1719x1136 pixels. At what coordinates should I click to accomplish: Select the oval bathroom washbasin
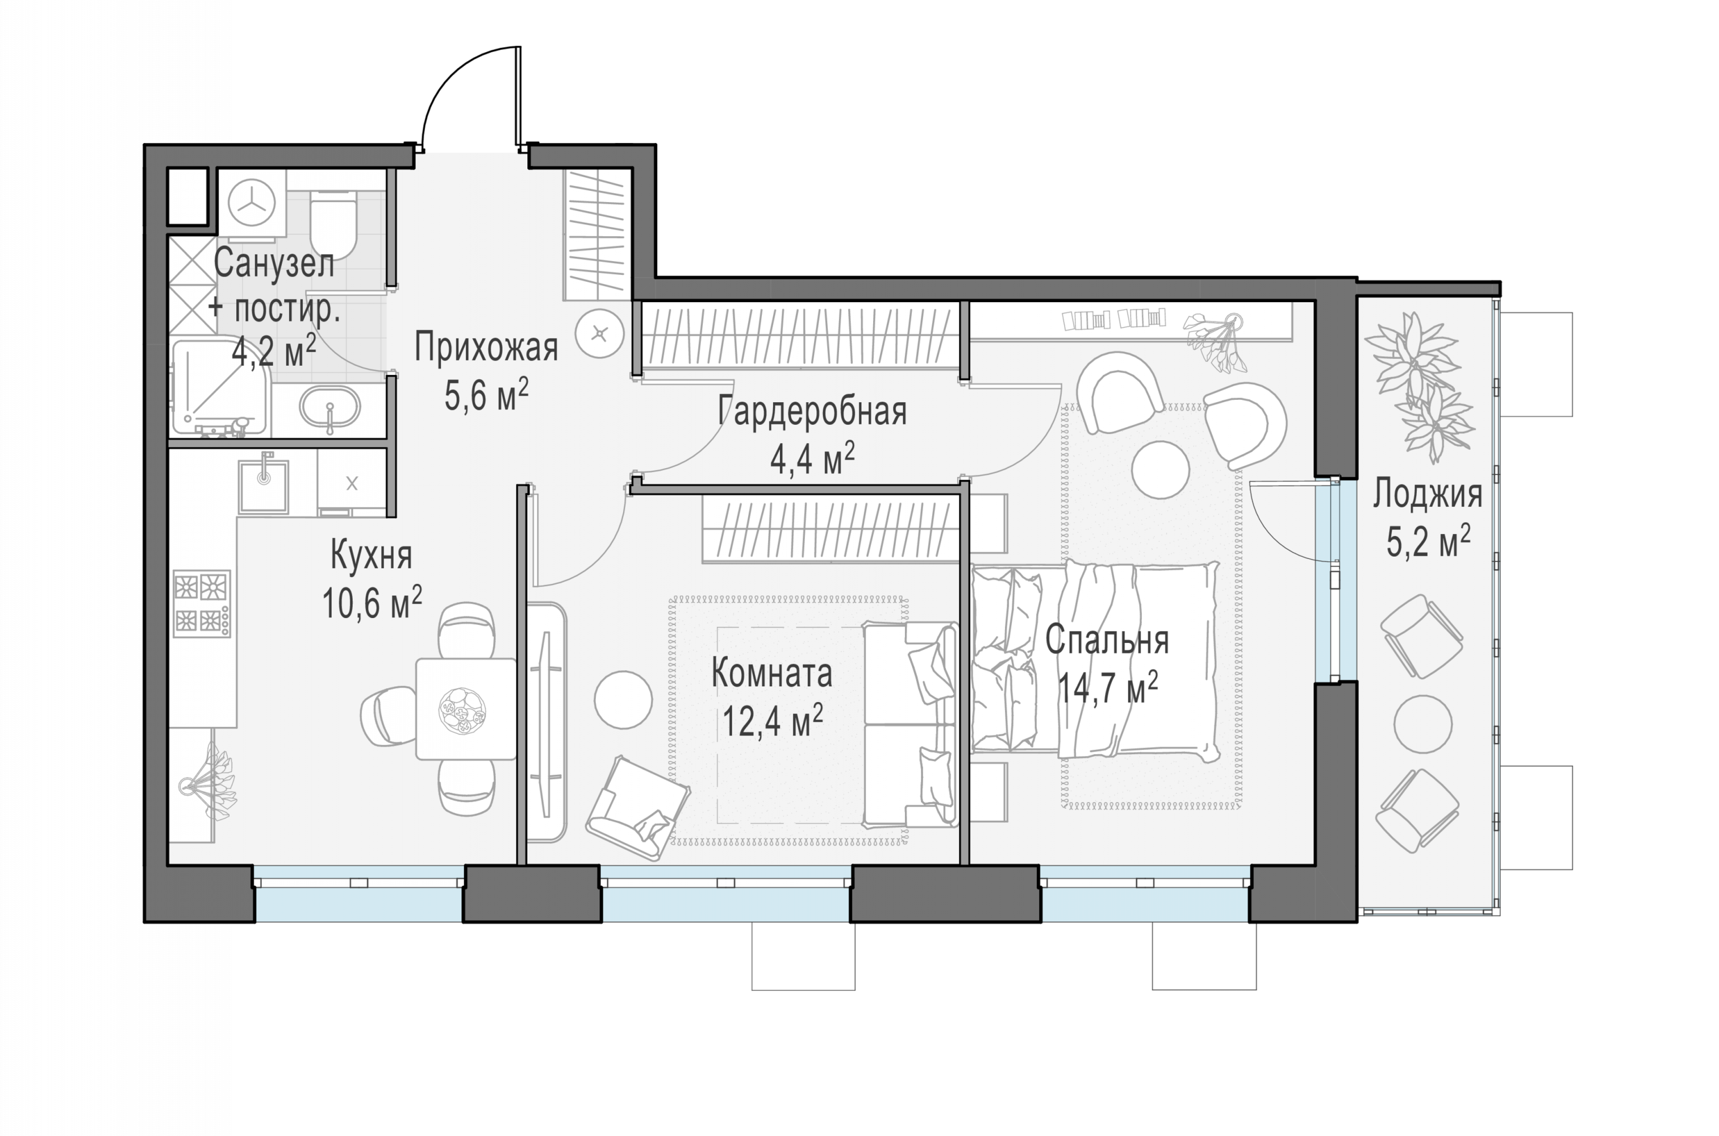point(330,410)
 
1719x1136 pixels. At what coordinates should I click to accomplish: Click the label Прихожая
point(486,348)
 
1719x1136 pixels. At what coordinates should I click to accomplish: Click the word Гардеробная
point(812,411)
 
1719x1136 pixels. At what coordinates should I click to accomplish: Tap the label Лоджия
point(1427,495)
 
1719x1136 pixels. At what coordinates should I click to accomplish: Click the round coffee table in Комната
point(623,700)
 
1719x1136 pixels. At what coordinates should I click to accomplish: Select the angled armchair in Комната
point(637,807)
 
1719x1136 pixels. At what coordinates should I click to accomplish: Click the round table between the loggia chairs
point(1424,725)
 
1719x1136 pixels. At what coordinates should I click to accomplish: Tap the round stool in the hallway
point(600,334)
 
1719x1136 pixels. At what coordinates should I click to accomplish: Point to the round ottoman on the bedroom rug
point(1161,470)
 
